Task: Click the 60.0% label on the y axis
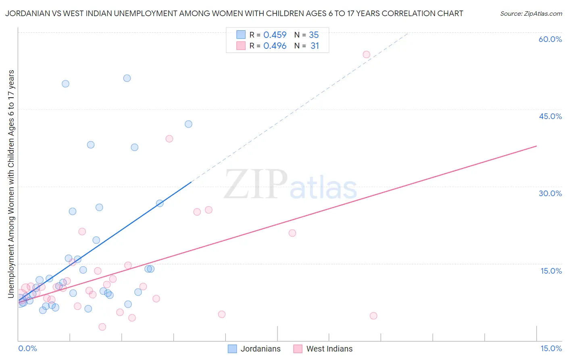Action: coord(550,39)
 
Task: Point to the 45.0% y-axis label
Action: coord(550,116)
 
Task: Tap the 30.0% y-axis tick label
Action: coord(550,193)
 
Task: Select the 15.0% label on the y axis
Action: coord(551,271)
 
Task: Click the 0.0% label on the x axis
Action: coord(27,348)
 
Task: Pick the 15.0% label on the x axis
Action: coord(551,348)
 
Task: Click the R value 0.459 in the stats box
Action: coord(275,35)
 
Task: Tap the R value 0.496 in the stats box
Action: coord(275,46)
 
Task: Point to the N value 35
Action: coord(314,35)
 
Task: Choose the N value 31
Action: coord(315,46)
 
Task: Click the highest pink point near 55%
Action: coord(366,54)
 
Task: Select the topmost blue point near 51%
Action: coord(127,78)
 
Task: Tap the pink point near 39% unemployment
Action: coord(169,139)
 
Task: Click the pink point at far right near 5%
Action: coord(373,316)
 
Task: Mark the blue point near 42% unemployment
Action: coord(188,124)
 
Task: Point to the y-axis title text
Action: coord(11,184)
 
